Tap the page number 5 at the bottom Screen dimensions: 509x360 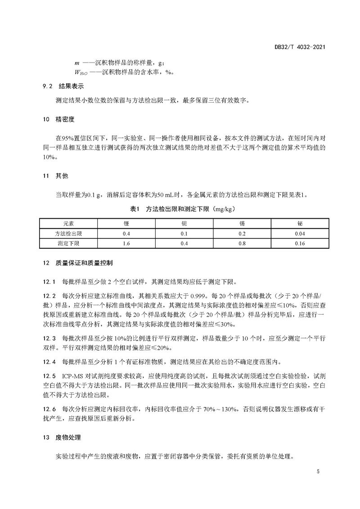(x=318, y=472)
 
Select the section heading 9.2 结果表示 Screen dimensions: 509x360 (x=63, y=86)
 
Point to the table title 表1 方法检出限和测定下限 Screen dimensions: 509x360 (x=180, y=209)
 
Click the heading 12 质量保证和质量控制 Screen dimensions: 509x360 (x=75, y=262)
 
